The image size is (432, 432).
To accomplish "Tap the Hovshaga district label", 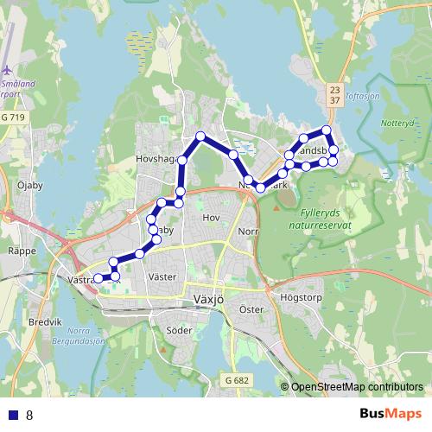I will (155, 159).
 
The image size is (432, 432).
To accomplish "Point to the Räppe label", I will (21, 251).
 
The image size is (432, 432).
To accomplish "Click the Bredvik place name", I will (46, 321).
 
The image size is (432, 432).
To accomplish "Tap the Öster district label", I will (251, 308).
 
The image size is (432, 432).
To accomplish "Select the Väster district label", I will (162, 276).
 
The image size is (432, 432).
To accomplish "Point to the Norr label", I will (248, 232).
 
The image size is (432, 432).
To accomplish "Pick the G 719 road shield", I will (14, 116).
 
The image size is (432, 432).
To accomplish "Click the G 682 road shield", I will (235, 379).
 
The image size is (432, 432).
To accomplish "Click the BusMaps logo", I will (391, 414).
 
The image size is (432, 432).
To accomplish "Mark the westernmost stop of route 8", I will (98, 278).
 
